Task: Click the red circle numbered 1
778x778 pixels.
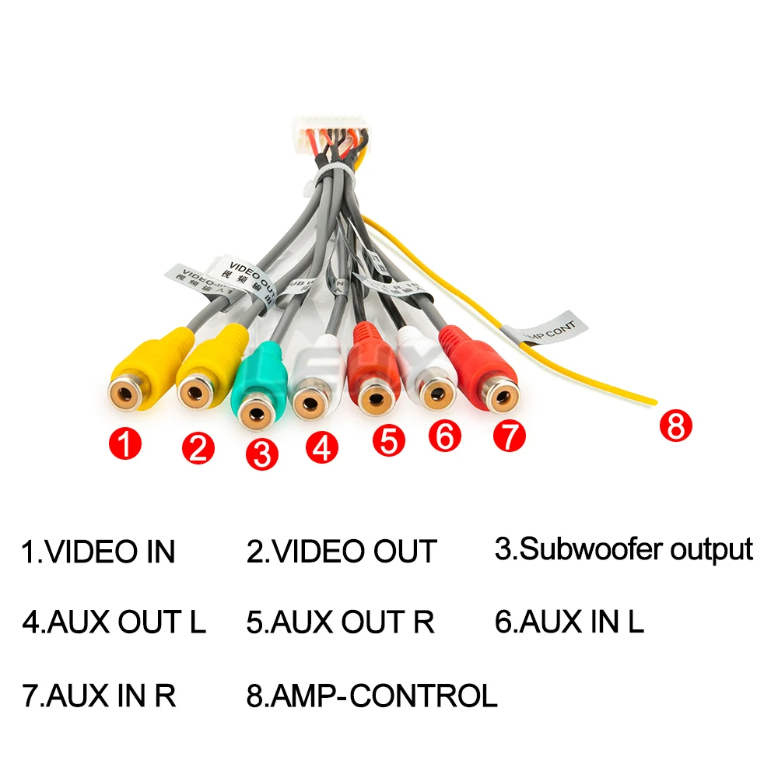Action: (x=125, y=445)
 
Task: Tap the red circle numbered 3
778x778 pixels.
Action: (x=261, y=454)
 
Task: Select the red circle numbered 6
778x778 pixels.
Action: (x=444, y=436)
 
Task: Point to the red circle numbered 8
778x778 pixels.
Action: (x=675, y=426)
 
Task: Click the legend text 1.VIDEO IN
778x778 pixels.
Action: (x=98, y=552)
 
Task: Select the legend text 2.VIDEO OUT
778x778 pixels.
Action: (x=342, y=552)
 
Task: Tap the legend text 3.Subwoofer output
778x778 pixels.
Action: (x=624, y=549)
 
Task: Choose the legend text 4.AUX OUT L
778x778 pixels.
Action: (x=114, y=622)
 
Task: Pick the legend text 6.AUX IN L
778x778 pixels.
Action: (x=569, y=622)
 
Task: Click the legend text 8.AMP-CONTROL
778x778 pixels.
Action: (x=372, y=695)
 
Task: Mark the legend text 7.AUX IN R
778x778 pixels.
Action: (x=99, y=695)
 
